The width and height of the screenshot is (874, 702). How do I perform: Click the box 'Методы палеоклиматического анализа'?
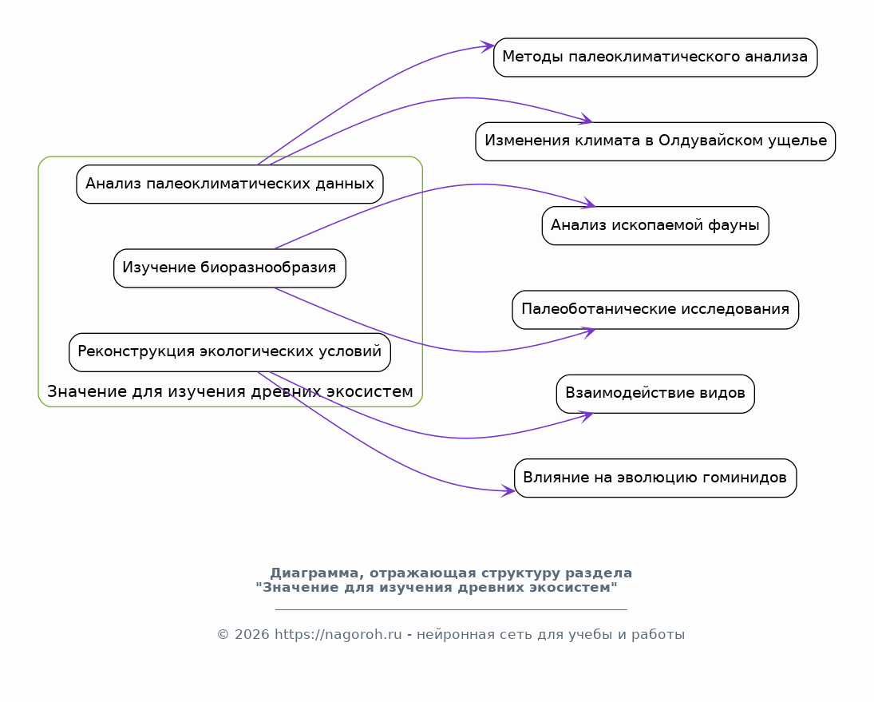[x=655, y=58]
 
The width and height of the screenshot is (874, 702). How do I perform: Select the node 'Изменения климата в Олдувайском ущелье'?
[x=655, y=141]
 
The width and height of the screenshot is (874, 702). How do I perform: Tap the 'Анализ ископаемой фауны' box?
[x=655, y=226]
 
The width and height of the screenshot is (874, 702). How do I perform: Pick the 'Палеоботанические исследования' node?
[x=655, y=310]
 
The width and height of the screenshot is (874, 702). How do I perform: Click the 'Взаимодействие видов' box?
[x=655, y=395]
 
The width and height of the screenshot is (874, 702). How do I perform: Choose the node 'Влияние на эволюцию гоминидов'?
[x=655, y=478]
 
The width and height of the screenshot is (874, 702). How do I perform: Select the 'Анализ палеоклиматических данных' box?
[x=230, y=184]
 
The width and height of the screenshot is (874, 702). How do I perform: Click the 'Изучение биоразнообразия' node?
[x=230, y=268]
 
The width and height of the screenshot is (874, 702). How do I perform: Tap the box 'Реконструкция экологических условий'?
[x=230, y=352]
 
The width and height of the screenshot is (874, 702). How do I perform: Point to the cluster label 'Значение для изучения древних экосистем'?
[x=230, y=391]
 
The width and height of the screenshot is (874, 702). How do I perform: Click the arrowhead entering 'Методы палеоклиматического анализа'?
[x=487, y=47]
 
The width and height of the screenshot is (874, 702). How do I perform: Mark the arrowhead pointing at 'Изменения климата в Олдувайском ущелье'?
[x=587, y=119]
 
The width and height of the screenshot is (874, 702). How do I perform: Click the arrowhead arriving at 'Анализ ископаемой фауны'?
[x=589, y=204]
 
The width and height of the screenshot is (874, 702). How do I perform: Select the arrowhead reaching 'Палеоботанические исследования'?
[x=589, y=332]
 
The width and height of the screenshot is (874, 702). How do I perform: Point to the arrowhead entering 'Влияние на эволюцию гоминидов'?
[x=508, y=490]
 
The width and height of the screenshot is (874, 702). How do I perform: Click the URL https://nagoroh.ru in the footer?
[x=338, y=635]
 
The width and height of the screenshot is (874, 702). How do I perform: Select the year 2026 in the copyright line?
[x=252, y=635]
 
